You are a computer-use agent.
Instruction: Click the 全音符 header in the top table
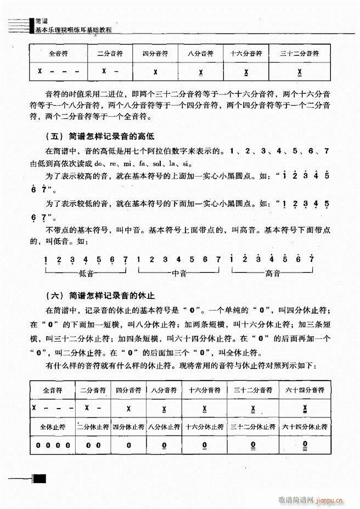[58, 54]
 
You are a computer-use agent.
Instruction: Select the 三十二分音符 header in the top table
[299, 54]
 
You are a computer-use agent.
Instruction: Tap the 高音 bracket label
[272, 273]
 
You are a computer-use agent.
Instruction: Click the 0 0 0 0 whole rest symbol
[53, 445]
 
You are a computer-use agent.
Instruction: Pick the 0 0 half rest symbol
[93, 445]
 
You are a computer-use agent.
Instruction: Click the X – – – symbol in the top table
[58, 72]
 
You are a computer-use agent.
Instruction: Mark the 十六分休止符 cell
[204, 426]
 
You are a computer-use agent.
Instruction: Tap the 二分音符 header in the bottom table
[93, 390]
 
